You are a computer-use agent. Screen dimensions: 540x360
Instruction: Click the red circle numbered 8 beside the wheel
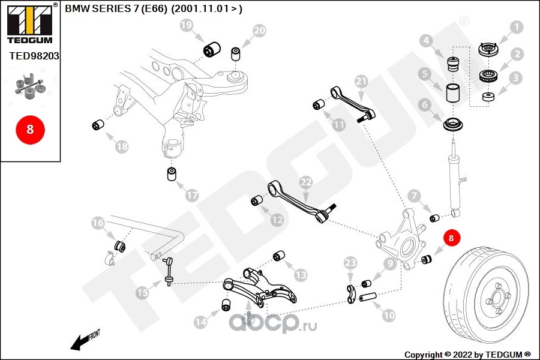pyautogui.click(x=451, y=238)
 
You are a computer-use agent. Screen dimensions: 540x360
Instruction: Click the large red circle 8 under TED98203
pyautogui.click(x=31, y=130)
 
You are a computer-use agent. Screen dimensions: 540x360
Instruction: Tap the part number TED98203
pyautogui.click(x=34, y=56)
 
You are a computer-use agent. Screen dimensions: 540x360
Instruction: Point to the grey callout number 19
pyautogui.click(x=187, y=25)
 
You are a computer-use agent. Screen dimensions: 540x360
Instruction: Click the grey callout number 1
pyautogui.click(x=516, y=27)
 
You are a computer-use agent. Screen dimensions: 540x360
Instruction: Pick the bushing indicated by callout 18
pyautogui.click(x=98, y=124)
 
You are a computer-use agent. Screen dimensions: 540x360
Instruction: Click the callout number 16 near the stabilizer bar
pyautogui.click(x=98, y=223)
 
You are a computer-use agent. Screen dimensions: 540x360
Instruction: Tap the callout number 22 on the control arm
pyautogui.click(x=306, y=182)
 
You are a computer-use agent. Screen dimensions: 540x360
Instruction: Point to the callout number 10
pyautogui.click(x=389, y=315)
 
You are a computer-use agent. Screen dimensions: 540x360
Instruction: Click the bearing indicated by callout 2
pyautogui.click(x=488, y=75)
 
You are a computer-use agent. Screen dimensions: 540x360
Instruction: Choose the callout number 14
pyautogui.click(x=200, y=322)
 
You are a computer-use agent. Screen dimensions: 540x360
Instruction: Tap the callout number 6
pyautogui.click(x=424, y=105)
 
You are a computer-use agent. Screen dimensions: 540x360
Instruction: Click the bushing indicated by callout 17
pyautogui.click(x=172, y=173)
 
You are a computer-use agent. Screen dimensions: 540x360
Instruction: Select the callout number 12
pyautogui.click(x=277, y=220)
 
